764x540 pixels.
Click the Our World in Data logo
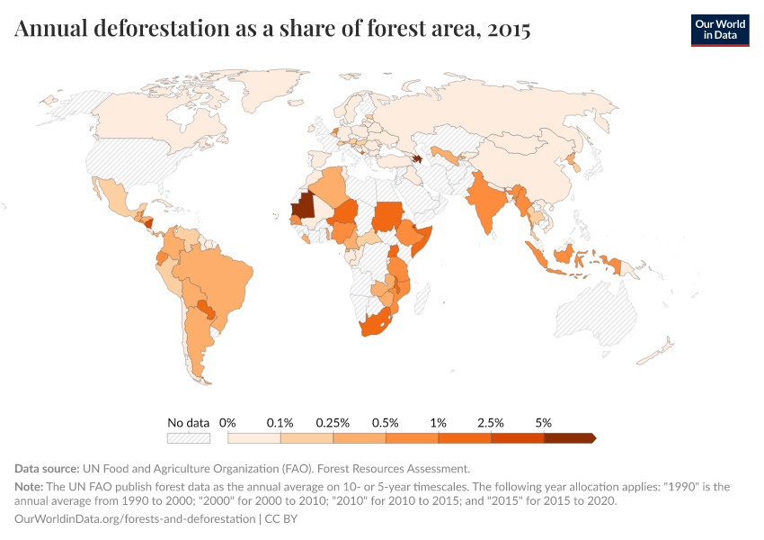tap(719, 30)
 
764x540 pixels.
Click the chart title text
tap(272, 29)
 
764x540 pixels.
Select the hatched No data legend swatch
tap(188, 438)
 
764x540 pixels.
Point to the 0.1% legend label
tap(280, 422)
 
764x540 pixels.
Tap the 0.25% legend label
tap(333, 422)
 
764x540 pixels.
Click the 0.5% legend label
tap(386, 422)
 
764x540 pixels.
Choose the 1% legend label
tap(439, 422)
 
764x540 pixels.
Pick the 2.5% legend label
tap(491, 422)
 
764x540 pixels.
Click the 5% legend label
tap(544, 422)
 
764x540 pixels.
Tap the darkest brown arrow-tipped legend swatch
tap(569, 438)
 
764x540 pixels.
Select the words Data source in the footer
tap(47, 469)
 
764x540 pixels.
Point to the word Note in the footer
tap(31, 487)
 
